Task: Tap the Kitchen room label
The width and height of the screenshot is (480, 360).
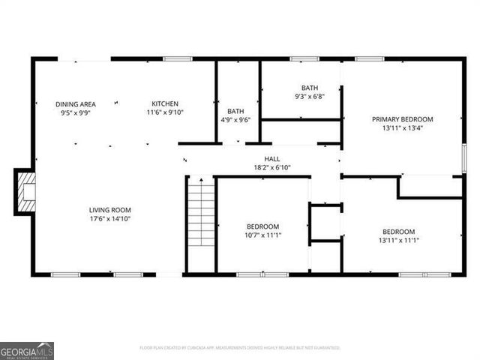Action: (165, 103)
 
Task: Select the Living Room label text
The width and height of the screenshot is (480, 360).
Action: (110, 210)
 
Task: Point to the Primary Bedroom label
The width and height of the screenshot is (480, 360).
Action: (403, 118)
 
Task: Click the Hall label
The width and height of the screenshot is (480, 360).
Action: (271, 158)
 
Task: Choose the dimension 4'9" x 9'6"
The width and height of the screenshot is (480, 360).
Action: (236, 119)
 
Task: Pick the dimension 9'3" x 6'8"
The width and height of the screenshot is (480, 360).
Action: (310, 96)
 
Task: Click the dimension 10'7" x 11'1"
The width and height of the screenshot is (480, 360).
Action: (262, 235)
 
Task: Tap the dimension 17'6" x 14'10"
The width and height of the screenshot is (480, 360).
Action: (110, 219)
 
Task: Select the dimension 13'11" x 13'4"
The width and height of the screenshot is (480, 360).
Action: (403, 127)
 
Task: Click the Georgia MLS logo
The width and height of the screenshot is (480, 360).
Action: (27, 350)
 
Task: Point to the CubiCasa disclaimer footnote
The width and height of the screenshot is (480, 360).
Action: (240, 348)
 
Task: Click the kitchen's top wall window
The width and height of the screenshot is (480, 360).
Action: (178, 58)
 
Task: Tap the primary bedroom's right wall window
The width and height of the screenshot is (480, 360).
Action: (464, 158)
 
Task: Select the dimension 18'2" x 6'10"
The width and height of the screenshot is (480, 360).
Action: (271, 167)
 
